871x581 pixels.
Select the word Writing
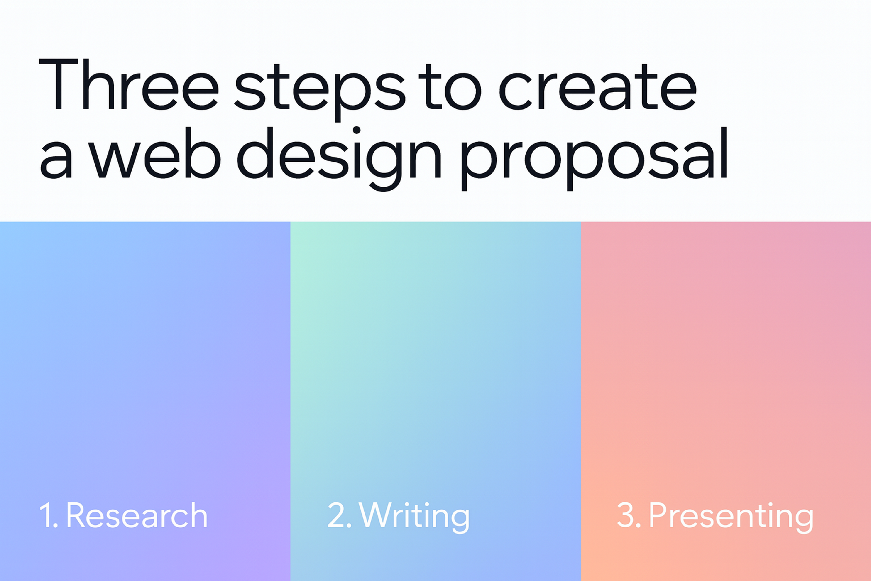click(x=414, y=516)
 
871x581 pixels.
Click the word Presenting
click(x=731, y=516)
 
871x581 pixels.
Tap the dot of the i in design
click(x=357, y=130)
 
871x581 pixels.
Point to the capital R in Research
click(x=76, y=515)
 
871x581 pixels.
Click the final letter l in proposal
click(x=724, y=153)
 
